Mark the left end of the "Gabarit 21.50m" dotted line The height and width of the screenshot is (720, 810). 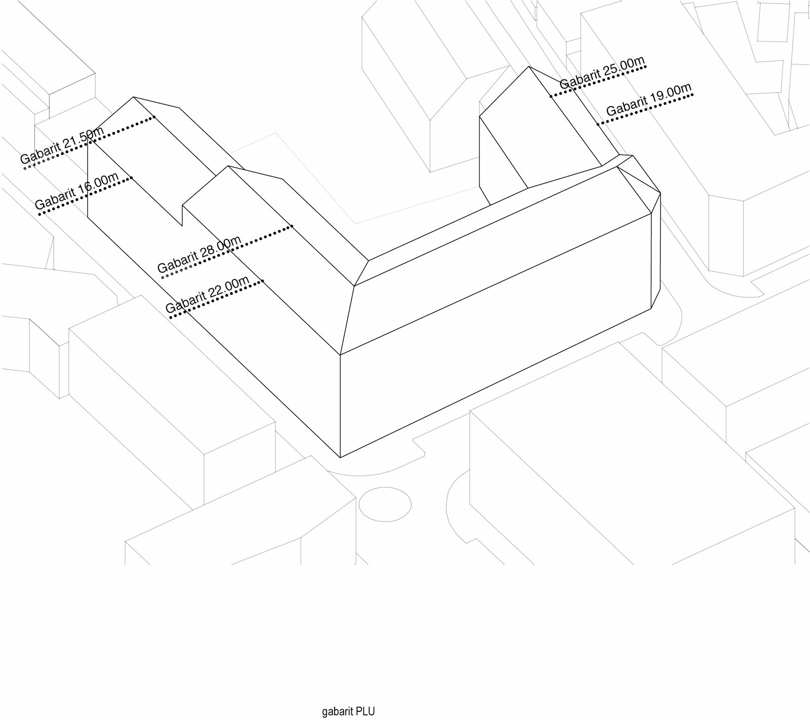coord(25,169)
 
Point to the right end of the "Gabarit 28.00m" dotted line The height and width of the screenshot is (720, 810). coord(292,226)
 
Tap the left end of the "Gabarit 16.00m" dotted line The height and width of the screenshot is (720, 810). coord(40,214)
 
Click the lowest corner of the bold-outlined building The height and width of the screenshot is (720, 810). coord(340,457)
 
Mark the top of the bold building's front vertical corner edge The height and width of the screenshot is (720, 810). coord(340,354)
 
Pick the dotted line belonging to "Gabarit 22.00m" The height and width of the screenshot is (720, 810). coord(217,299)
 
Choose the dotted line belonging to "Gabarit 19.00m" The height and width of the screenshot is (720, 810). coord(645,109)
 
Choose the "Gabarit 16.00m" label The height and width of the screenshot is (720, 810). coord(77,191)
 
